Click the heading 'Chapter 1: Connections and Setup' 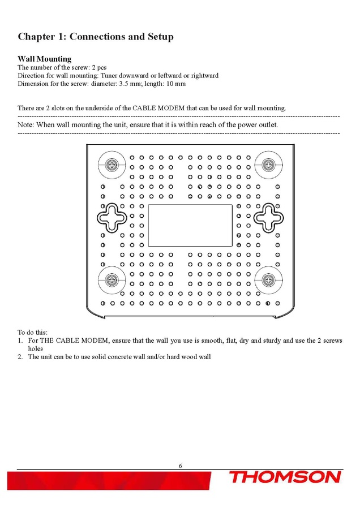click(x=96, y=37)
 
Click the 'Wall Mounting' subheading click(x=45, y=59)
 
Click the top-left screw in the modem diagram click(x=113, y=165)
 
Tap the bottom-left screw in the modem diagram click(x=113, y=281)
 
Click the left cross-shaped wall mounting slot click(x=113, y=217)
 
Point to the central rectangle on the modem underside click(x=190, y=226)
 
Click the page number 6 click(x=180, y=466)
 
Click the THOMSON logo click(x=285, y=478)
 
